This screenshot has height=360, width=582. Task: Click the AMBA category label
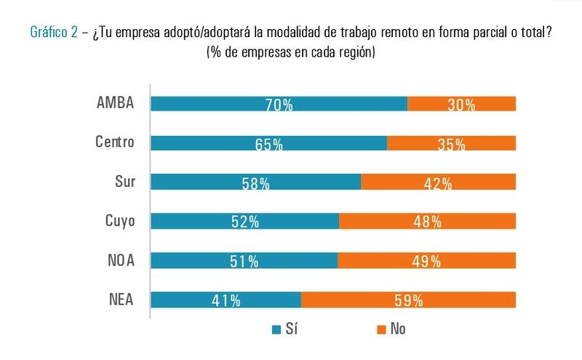pos(116,103)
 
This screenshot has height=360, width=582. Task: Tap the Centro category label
pos(115,142)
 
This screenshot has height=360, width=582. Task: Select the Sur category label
pos(125,181)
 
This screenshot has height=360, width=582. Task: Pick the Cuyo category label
pos(120,220)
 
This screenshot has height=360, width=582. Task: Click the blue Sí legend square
pos(276,330)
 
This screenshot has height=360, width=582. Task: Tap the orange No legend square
pos(380,330)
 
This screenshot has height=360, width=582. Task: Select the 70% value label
pos(279,105)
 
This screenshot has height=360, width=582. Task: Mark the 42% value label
pos(438,184)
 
